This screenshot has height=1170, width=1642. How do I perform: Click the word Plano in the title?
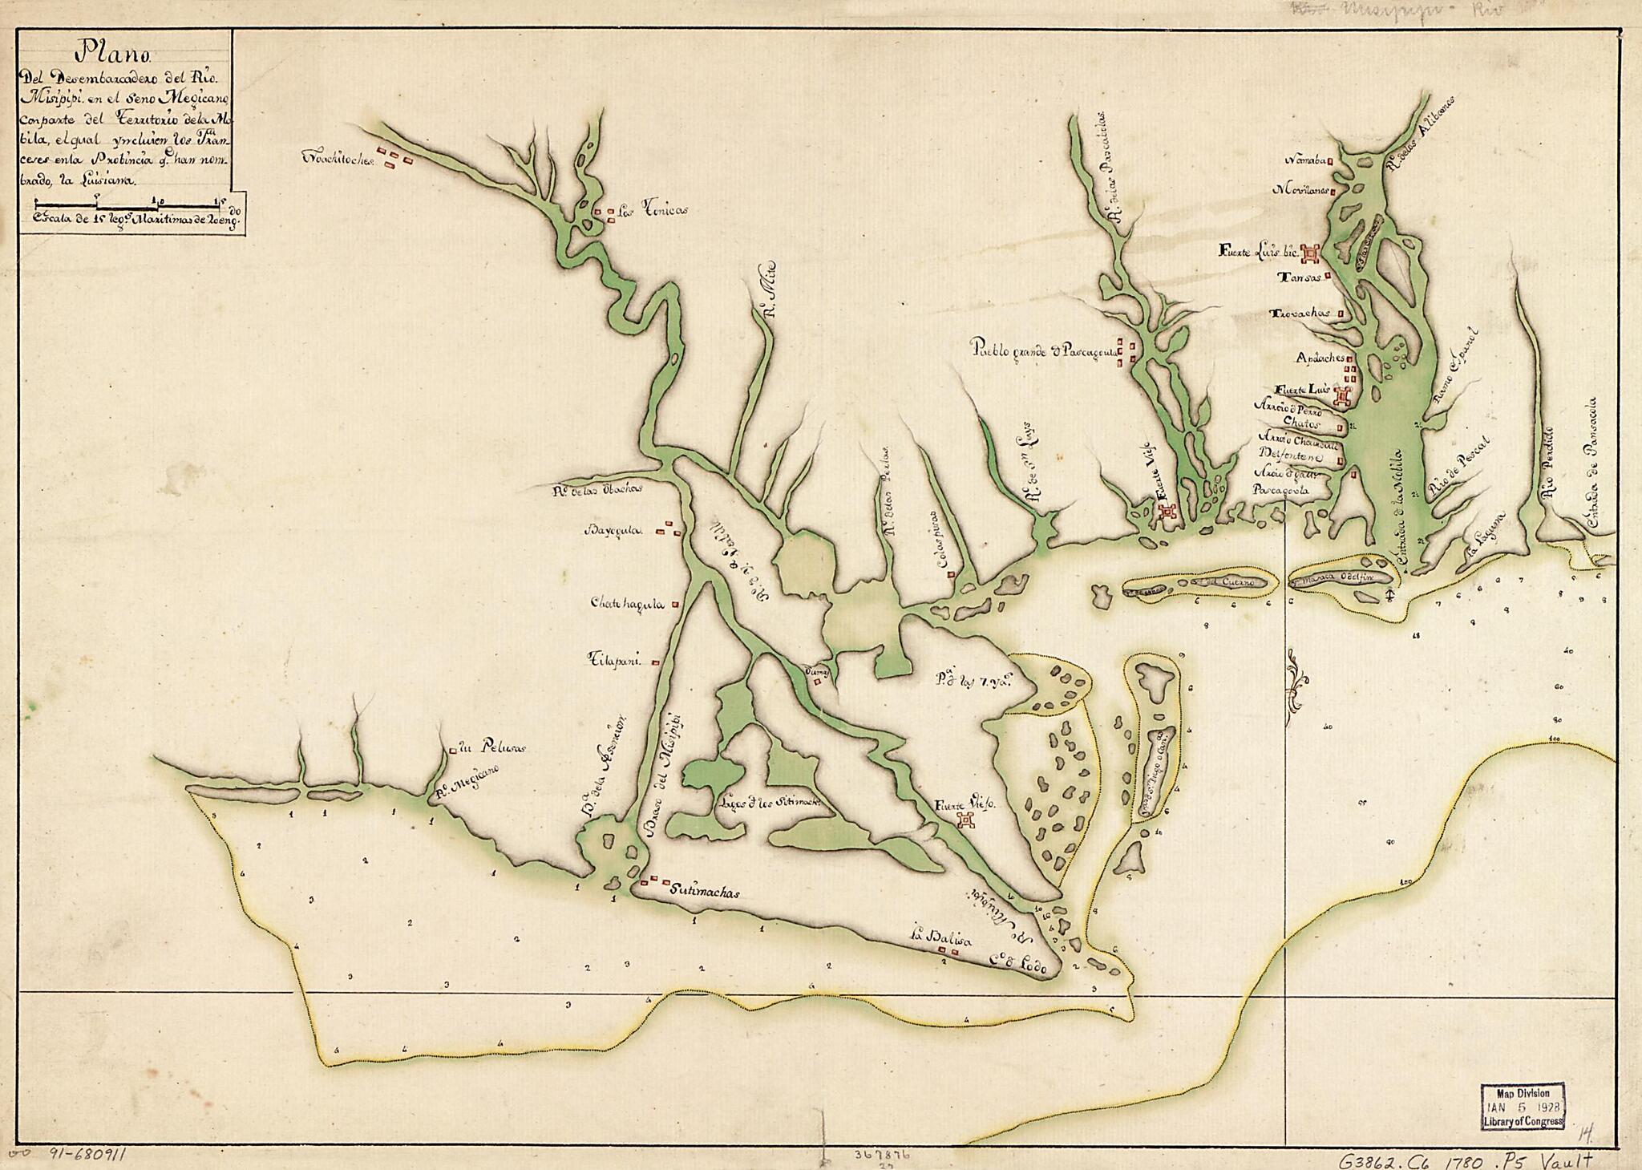tap(103, 55)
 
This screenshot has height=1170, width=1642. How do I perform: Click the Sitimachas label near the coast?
tap(702, 890)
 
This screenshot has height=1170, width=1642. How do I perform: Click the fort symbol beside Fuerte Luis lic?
tap(1311, 253)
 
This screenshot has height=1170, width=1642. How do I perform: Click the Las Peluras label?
tap(490, 749)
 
